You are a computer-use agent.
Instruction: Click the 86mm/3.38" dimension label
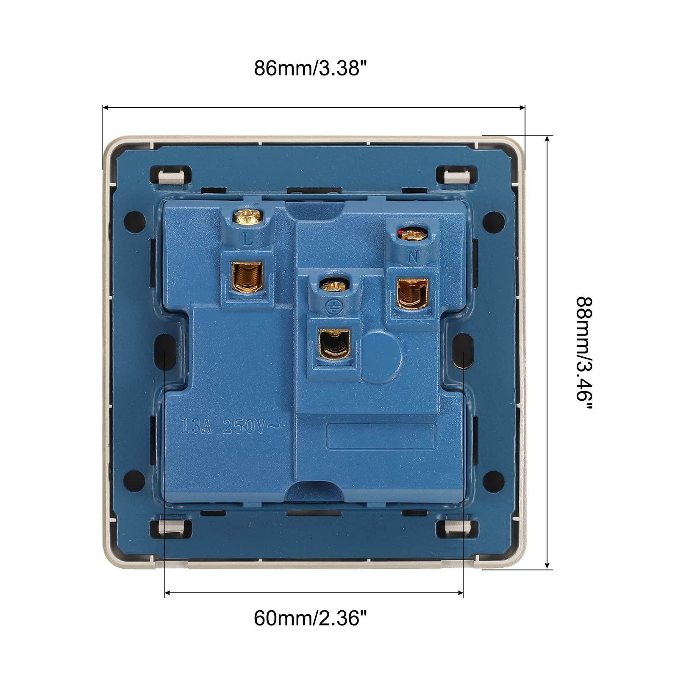310,68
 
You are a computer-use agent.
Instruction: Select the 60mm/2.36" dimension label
310,618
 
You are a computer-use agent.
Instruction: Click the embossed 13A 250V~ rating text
231,426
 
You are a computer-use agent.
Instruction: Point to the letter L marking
248,240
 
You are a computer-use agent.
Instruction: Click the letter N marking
413,256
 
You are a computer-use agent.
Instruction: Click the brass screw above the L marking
248,217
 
